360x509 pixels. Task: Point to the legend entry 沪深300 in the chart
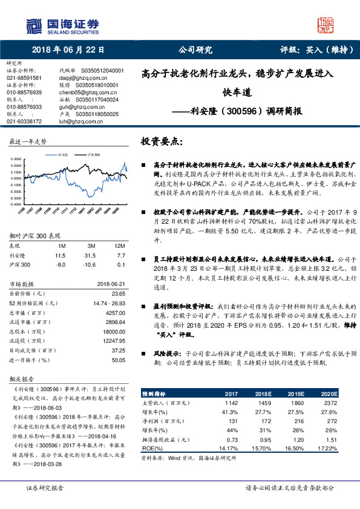point(94,155)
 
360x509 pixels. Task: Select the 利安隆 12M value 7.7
point(121,256)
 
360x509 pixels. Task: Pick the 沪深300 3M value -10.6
point(91,264)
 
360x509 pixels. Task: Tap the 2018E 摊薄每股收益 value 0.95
point(264,441)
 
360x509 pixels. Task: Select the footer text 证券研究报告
point(43,487)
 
